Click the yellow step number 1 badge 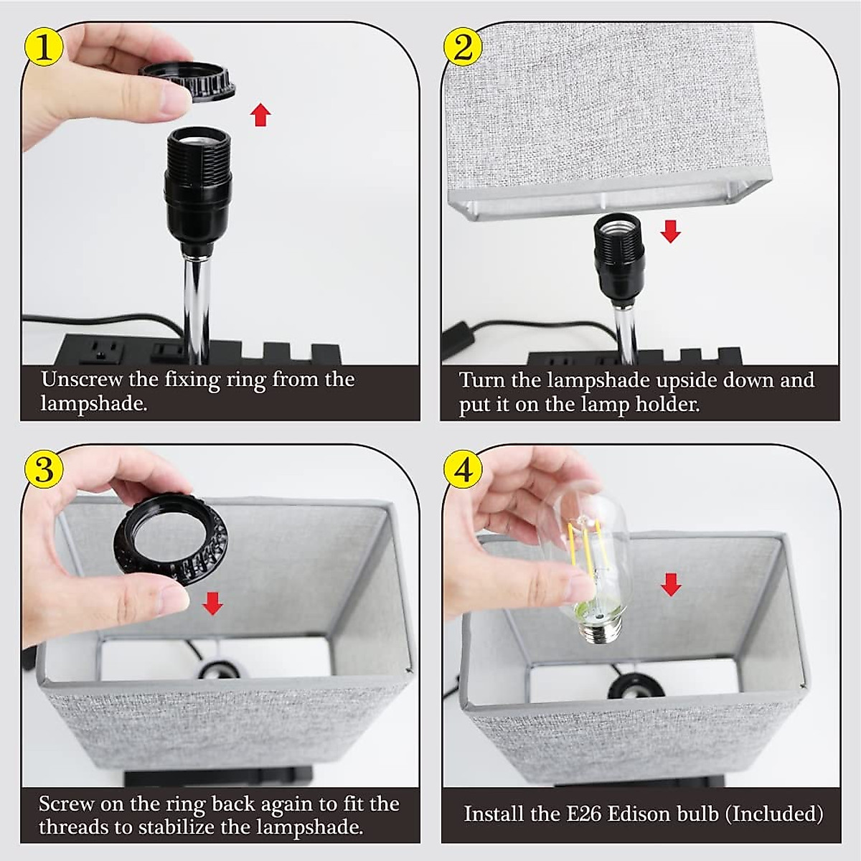click(43, 48)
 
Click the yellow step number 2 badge click(464, 48)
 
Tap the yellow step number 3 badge click(43, 469)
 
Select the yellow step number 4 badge click(464, 471)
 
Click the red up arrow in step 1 click(260, 114)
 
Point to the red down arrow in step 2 click(670, 231)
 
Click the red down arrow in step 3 click(212, 603)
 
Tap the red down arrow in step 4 click(670, 585)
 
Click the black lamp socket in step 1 click(198, 188)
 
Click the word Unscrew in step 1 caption click(82, 380)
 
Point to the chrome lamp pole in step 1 click(197, 309)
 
